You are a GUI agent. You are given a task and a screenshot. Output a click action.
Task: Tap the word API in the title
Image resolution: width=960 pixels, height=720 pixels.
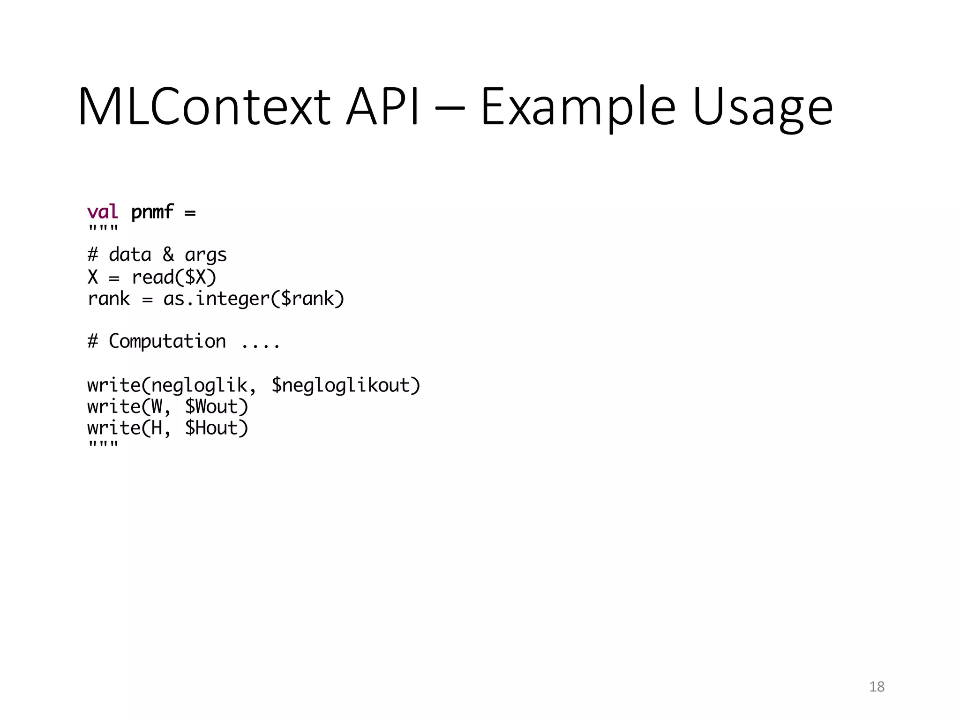click(382, 106)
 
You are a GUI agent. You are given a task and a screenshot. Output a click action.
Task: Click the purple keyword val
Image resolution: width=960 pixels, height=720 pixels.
click(103, 212)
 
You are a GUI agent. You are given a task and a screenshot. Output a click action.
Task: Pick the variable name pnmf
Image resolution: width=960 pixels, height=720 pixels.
click(152, 212)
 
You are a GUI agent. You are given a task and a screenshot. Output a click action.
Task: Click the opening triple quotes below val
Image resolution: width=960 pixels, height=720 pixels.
click(103, 230)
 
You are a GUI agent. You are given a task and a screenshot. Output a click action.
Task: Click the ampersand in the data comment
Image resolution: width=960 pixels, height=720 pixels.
click(168, 255)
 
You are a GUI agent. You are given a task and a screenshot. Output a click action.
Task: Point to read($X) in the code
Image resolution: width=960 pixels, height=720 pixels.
click(174, 277)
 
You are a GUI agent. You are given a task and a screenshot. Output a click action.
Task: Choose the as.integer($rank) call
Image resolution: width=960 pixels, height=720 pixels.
click(254, 299)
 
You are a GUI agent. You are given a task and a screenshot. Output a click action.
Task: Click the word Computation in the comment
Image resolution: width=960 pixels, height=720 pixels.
click(167, 341)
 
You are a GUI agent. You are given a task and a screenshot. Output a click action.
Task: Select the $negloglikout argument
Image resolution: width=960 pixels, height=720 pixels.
click(345, 385)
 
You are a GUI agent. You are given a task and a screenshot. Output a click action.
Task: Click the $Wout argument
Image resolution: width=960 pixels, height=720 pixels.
click(216, 406)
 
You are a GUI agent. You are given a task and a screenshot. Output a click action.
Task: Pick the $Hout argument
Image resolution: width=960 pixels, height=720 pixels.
click(216, 428)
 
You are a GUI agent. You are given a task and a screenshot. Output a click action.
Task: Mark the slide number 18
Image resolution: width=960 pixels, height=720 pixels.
click(877, 687)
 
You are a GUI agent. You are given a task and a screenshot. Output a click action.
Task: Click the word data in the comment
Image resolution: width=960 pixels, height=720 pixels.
click(130, 255)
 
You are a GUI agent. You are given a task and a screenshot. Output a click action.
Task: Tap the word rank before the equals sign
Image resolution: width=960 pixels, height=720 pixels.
click(109, 299)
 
